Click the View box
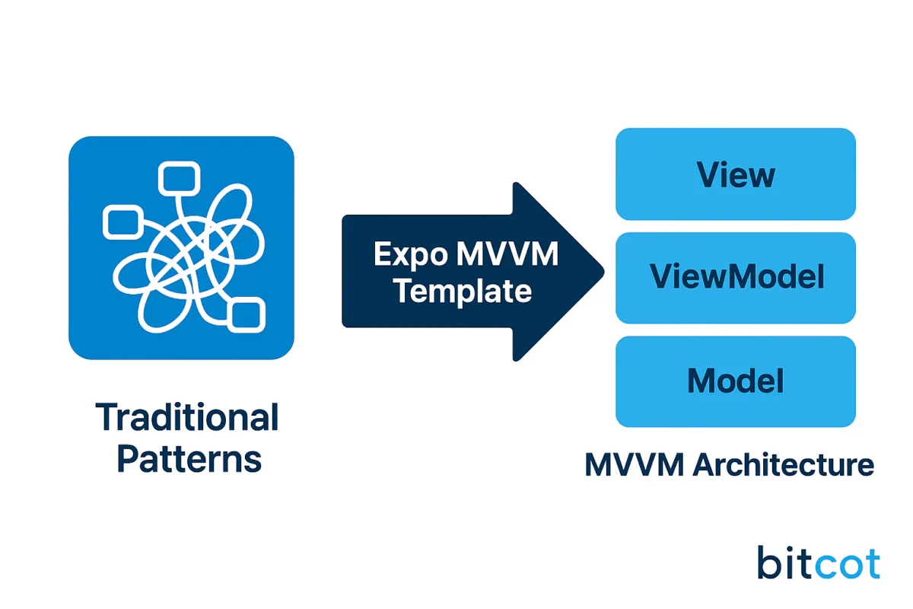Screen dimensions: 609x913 735,174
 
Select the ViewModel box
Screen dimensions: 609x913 735,278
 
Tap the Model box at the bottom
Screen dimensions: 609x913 735,381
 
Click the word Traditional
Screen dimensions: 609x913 187,418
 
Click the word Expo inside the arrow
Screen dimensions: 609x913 409,254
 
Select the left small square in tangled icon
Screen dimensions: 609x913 121,222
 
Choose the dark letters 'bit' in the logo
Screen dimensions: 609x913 786,564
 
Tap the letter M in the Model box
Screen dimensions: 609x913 701,381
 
